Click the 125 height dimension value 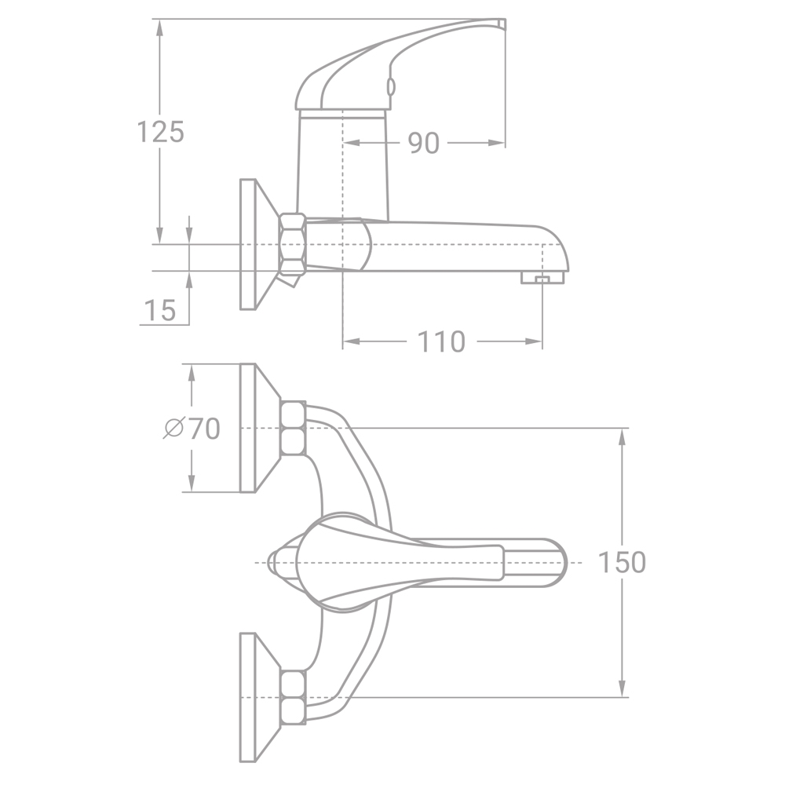tap(160, 132)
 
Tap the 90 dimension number tap(424, 144)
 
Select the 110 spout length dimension tap(441, 342)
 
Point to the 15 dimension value tap(160, 310)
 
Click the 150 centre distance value tap(622, 563)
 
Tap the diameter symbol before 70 tap(173, 429)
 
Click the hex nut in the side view tap(293, 243)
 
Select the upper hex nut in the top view tap(293, 428)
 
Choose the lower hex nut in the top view tap(293, 696)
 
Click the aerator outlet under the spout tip tap(542, 278)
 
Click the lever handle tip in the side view tap(499, 23)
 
